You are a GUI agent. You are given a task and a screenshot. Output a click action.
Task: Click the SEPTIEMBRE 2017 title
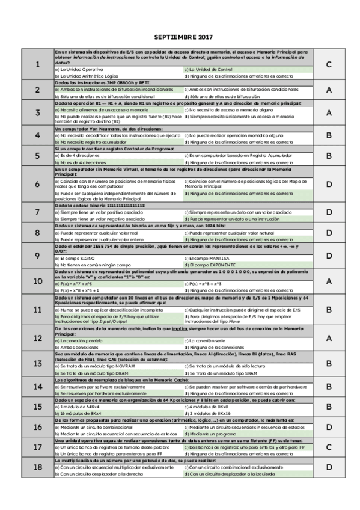point(180,37)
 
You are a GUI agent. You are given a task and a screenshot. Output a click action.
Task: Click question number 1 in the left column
point(37,64)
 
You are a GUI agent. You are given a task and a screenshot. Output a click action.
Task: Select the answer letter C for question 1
point(329,64)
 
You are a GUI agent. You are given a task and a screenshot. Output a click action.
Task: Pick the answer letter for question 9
point(329,256)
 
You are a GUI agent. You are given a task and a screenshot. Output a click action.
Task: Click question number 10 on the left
point(37,281)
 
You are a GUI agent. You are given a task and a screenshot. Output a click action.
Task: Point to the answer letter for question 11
point(329,309)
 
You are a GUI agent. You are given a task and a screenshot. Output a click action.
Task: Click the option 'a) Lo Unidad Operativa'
point(78,70)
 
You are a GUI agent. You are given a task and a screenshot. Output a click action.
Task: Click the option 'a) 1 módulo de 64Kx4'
point(78,407)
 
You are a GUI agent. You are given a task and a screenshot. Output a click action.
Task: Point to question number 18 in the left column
point(37,467)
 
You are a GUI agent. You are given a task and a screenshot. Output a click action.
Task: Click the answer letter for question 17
point(329,447)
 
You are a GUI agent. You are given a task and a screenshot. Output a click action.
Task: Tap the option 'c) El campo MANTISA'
point(212,258)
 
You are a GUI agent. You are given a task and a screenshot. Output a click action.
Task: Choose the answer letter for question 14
point(329,386)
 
